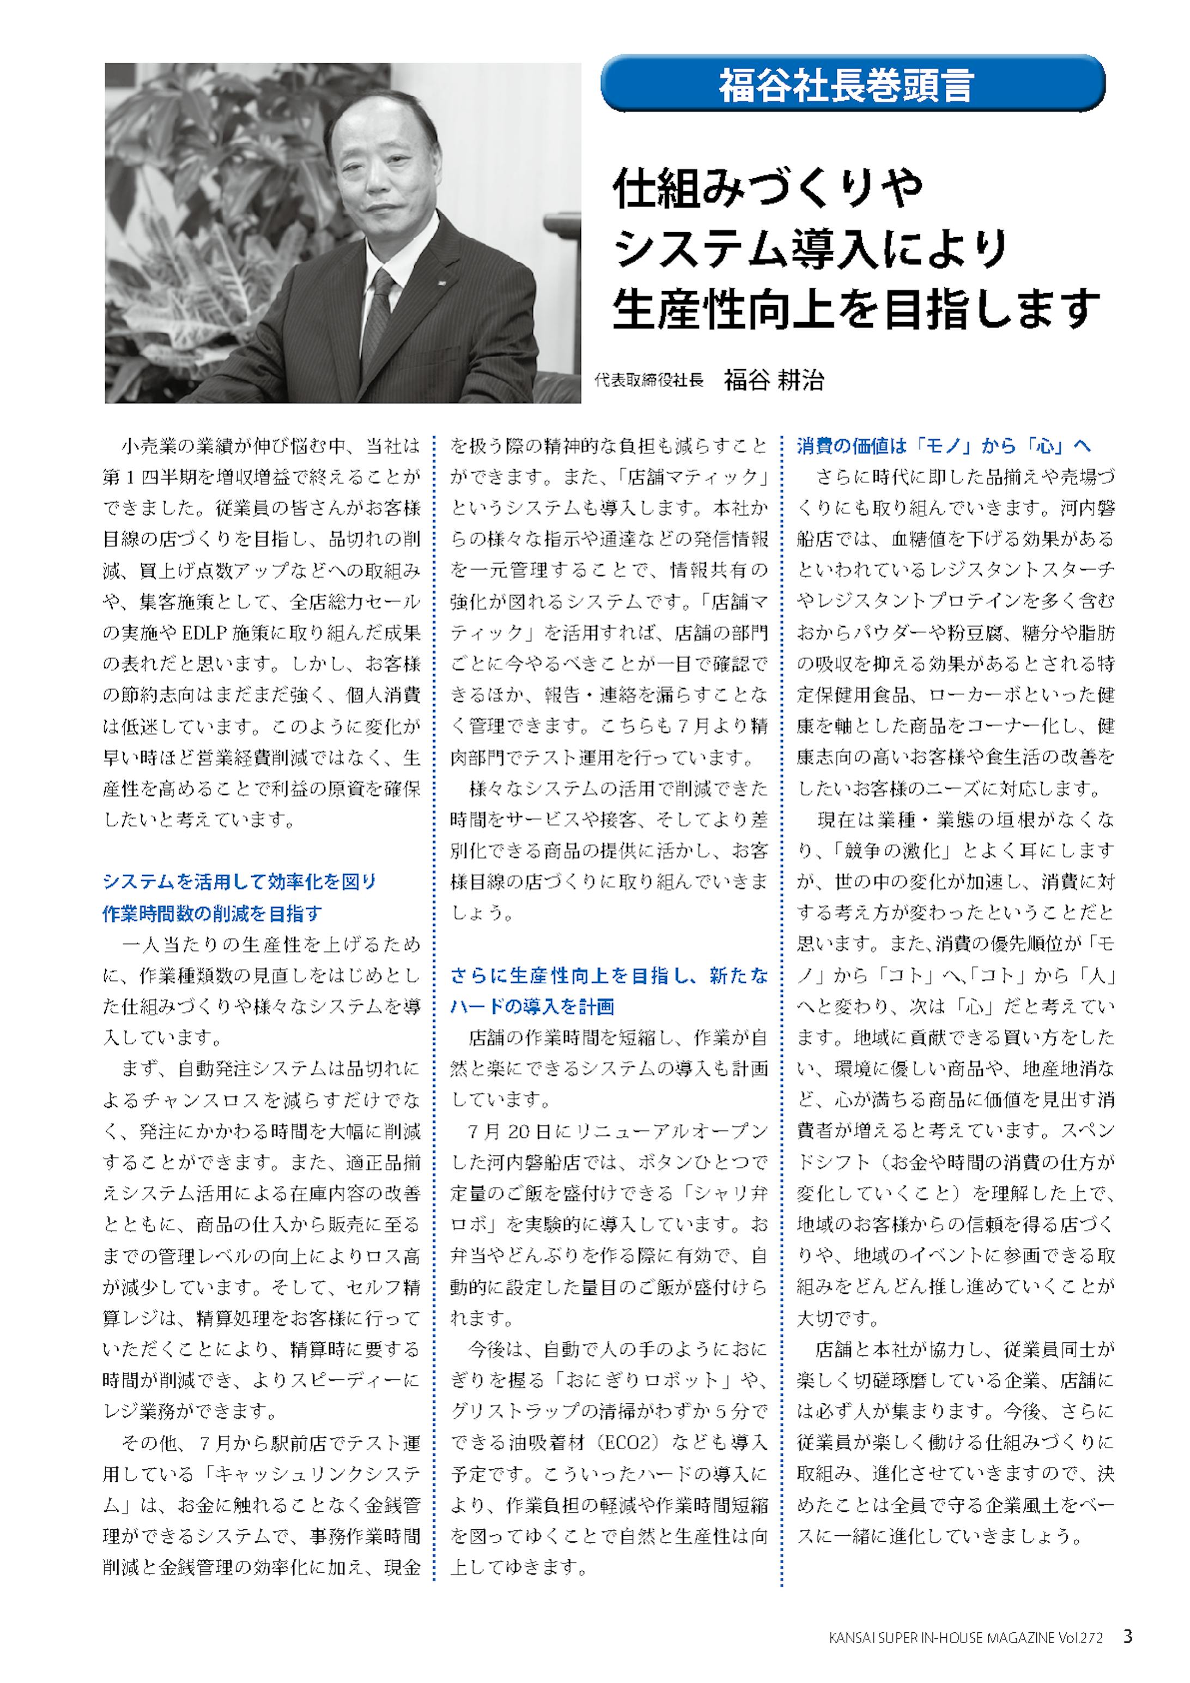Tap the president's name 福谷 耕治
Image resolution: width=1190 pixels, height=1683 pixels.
pyautogui.click(x=774, y=380)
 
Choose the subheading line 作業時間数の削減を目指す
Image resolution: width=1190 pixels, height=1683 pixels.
pyautogui.click(x=212, y=913)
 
